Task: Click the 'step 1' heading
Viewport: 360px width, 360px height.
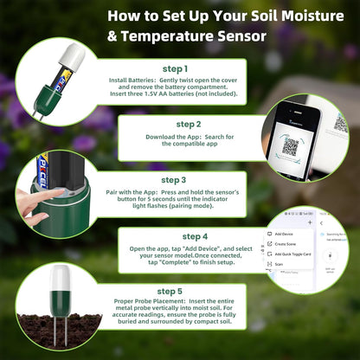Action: pos(173,68)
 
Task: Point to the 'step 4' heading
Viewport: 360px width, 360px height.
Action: pos(195,235)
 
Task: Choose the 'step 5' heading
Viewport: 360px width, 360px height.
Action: pos(171,292)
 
